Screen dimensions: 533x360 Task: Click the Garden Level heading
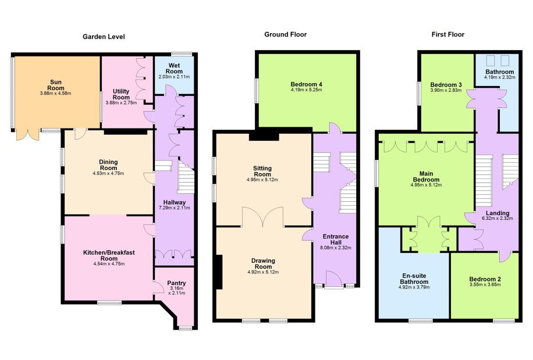point(104,37)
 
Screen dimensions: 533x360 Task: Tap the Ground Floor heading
point(286,34)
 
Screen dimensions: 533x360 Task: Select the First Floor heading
point(447,34)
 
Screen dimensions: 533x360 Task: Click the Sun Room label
point(56,85)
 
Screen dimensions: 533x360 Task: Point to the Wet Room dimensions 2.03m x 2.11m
point(174,77)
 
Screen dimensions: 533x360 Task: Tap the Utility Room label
point(121,94)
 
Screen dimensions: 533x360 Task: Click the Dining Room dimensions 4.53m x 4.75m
point(108,173)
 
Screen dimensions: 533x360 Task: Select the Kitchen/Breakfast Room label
point(109,255)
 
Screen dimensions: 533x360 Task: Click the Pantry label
point(176,283)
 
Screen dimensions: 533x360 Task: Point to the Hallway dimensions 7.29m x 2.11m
point(175,208)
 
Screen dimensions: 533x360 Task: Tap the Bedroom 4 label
point(306,84)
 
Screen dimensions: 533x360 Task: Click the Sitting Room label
point(262,171)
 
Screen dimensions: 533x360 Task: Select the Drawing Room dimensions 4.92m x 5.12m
point(263,272)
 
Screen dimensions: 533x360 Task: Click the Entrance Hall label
point(336,240)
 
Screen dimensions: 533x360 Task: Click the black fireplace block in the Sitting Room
point(264,137)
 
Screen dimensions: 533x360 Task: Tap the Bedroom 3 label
point(446,84)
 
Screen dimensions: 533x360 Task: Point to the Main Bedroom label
point(427,177)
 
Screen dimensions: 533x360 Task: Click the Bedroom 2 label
point(485,279)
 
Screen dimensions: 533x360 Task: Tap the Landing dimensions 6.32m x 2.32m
point(498,218)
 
